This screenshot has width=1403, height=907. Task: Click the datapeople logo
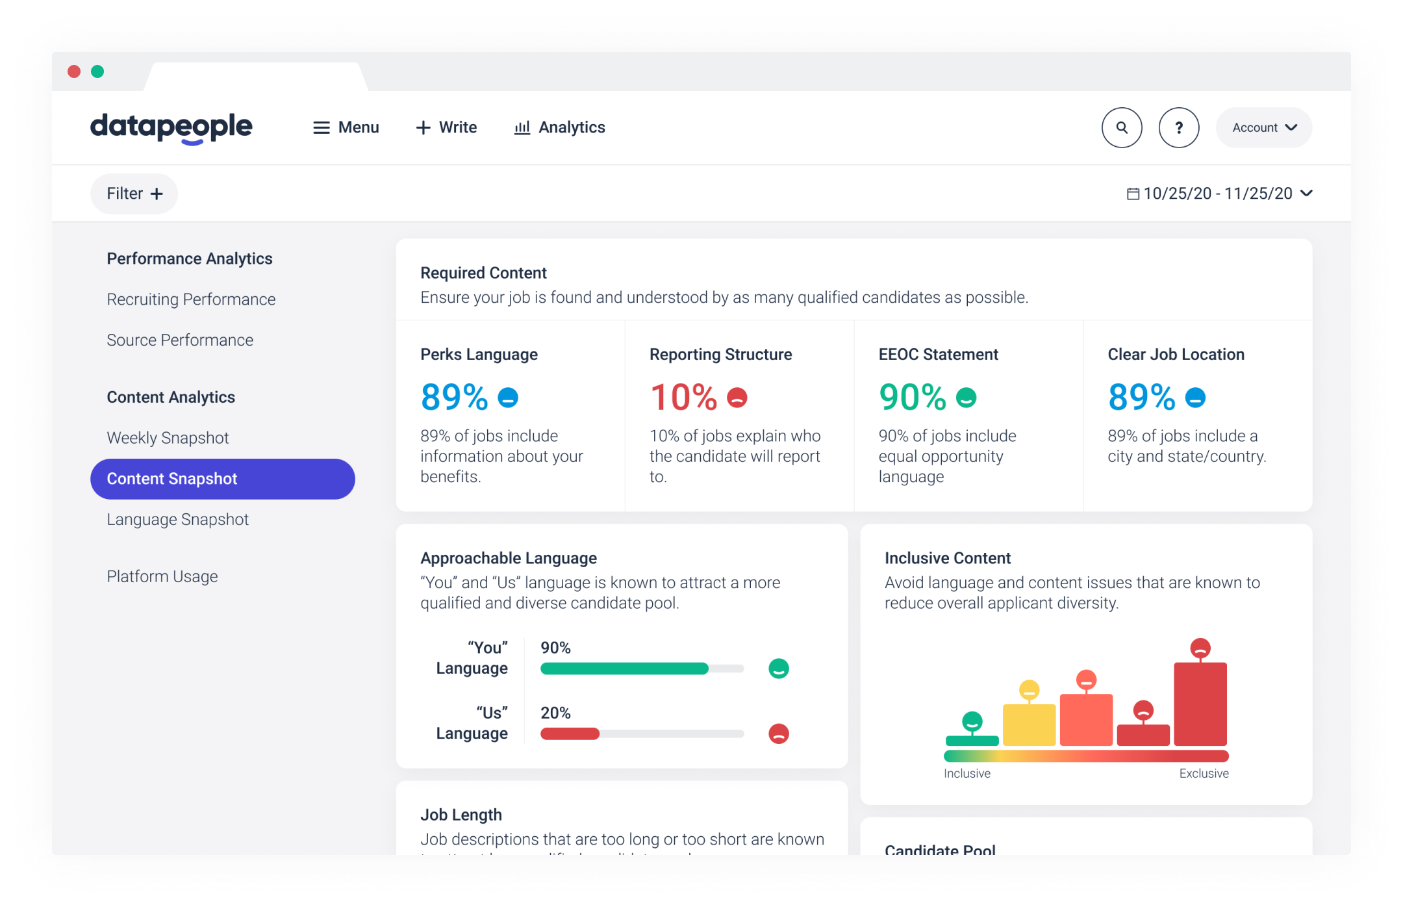(171, 127)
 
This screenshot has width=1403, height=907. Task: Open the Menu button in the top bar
(346, 127)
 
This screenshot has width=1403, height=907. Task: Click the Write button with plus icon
(446, 127)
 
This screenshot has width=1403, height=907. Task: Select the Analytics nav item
(559, 127)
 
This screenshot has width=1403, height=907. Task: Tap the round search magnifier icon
(1122, 127)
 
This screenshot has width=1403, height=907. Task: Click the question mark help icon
(1178, 127)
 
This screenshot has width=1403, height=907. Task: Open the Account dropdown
(1263, 127)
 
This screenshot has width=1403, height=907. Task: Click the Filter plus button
(134, 194)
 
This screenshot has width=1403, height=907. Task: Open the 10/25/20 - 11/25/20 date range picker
(1219, 194)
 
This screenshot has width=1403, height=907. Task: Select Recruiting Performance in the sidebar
(191, 300)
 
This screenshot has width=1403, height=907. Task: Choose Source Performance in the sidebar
(180, 340)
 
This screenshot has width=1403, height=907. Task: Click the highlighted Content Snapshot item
(222, 479)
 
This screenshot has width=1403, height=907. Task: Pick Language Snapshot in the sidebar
(177, 520)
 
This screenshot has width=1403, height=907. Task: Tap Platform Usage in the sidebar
(162, 577)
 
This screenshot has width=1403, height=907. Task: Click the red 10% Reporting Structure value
(683, 397)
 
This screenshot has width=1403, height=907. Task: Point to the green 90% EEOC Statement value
(912, 397)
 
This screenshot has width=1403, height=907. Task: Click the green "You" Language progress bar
(624, 669)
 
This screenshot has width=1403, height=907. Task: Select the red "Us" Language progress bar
(570, 734)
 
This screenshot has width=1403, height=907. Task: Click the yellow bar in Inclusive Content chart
(1029, 724)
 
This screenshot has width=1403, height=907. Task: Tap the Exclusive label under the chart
(1204, 774)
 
